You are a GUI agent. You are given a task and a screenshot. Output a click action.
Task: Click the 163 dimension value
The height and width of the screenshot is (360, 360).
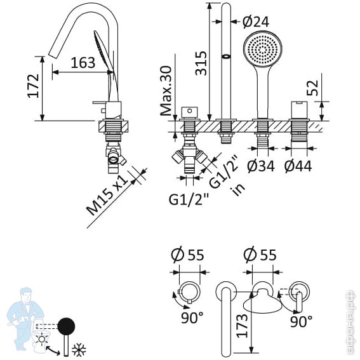(83, 63)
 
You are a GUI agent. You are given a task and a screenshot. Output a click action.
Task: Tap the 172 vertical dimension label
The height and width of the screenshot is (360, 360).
(34, 86)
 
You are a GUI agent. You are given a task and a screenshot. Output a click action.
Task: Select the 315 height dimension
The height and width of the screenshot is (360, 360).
(201, 63)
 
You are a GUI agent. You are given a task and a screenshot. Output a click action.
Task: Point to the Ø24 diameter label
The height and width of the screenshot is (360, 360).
(255, 22)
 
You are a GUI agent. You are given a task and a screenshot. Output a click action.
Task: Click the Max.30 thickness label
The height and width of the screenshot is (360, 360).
(166, 91)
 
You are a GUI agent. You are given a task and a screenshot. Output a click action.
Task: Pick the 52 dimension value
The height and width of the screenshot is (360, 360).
(312, 88)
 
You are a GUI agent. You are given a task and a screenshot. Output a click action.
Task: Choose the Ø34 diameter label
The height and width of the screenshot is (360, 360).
(261, 166)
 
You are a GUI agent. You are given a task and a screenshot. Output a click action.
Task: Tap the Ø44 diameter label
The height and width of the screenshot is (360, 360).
(298, 166)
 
